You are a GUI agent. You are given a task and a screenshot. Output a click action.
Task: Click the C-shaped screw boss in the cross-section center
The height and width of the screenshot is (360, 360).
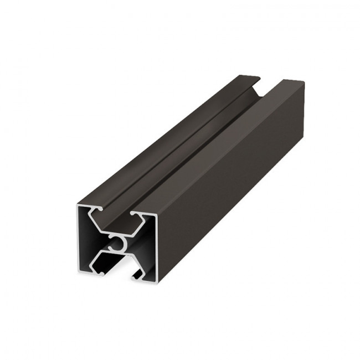[x=117, y=243]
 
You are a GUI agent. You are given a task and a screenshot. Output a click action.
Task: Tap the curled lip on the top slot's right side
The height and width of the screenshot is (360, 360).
[x=135, y=214]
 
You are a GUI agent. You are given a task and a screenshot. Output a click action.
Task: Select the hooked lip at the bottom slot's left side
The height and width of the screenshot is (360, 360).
[x=100, y=272]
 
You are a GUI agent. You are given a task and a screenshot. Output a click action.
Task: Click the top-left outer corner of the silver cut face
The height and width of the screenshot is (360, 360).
[x=75, y=203]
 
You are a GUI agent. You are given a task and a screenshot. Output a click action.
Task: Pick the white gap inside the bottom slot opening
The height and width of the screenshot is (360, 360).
[x=117, y=274]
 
